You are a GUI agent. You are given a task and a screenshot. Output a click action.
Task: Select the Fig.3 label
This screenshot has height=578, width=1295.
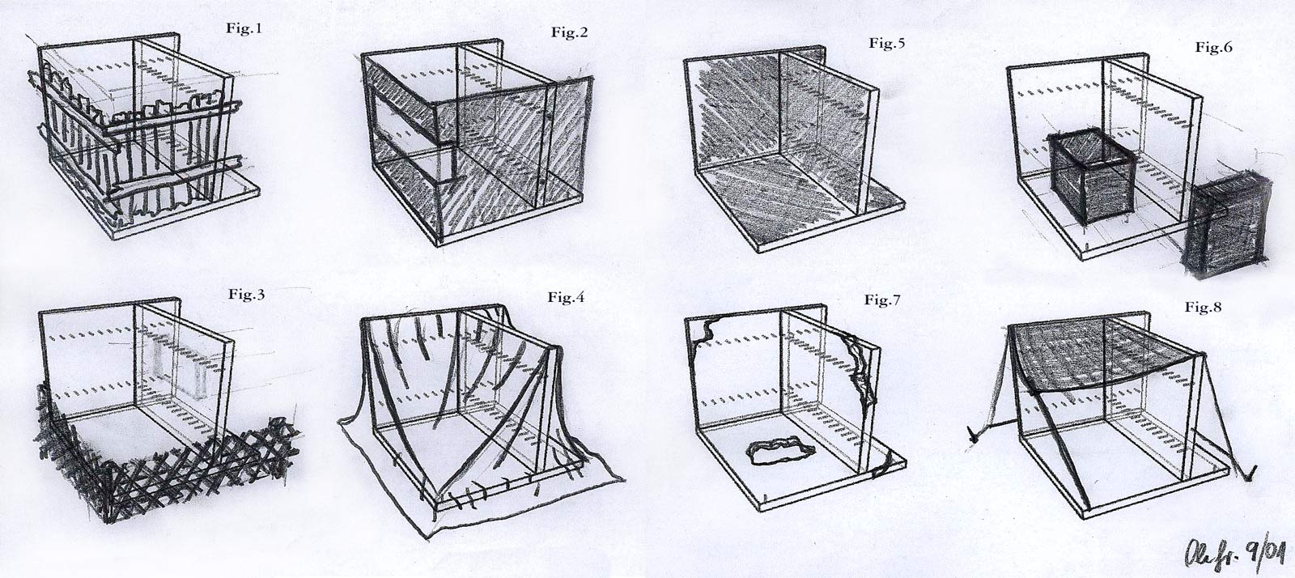tap(247, 295)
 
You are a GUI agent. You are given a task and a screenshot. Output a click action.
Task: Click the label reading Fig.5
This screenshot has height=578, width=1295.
tap(887, 44)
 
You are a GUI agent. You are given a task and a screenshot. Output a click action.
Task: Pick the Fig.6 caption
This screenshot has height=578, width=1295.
tap(1213, 48)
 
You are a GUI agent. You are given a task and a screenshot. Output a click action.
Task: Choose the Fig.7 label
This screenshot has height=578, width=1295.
tap(882, 301)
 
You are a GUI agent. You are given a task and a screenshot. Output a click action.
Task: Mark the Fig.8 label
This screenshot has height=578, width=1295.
tap(1204, 307)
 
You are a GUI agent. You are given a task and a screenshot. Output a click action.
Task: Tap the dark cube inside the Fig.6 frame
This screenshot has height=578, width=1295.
tap(1091, 173)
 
